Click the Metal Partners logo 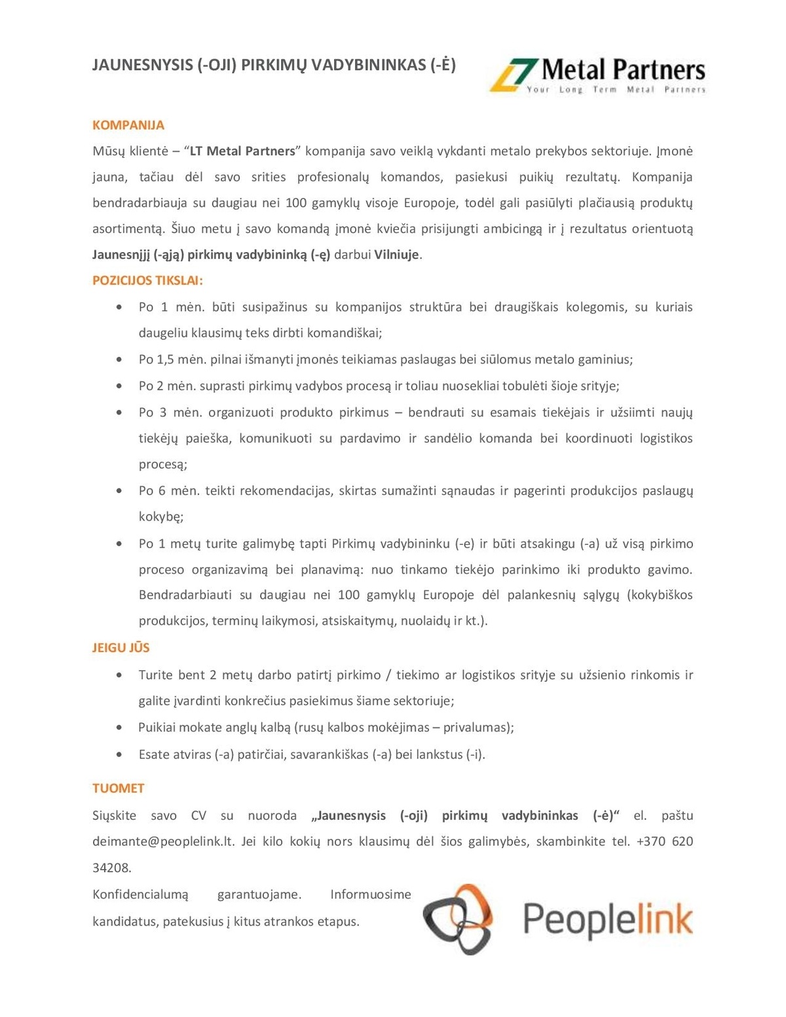598,75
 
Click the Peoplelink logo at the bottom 558,918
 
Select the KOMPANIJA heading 128,125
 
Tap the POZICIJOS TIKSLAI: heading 147,280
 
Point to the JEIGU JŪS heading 121,648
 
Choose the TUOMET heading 119,788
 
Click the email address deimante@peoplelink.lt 163,841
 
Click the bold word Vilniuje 396,255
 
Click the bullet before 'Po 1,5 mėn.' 119,360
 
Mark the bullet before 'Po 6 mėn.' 119,490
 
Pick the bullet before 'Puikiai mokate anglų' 119,727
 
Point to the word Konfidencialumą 140,895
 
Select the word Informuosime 371,895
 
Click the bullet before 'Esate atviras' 119,754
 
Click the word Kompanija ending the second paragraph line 662,177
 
